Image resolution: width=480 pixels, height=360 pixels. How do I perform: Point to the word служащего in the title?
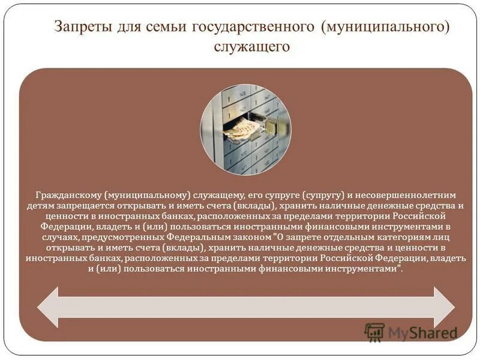(252, 46)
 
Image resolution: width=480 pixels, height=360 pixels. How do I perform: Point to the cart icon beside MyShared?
(374, 332)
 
